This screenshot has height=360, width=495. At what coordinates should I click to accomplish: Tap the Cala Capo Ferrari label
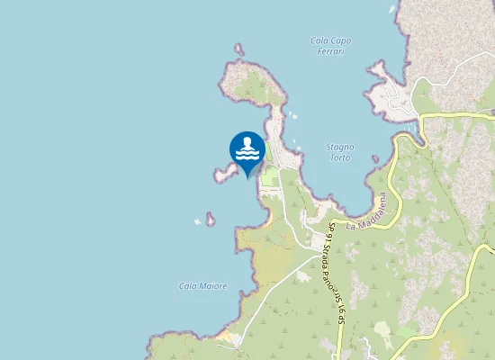pyautogui.click(x=330, y=46)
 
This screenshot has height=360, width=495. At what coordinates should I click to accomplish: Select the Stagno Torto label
pyautogui.click(x=339, y=152)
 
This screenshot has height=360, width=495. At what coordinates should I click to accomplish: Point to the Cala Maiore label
pyautogui.click(x=202, y=286)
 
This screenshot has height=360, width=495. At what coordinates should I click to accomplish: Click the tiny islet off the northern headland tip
pyautogui.click(x=238, y=49)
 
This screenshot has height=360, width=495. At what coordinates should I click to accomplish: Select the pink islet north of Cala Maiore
pyautogui.click(x=210, y=218)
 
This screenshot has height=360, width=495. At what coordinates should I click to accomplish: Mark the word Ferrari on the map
pyautogui.click(x=330, y=51)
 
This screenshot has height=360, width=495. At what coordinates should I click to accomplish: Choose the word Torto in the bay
pyautogui.click(x=339, y=157)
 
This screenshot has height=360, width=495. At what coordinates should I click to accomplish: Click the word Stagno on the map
pyautogui.click(x=339, y=147)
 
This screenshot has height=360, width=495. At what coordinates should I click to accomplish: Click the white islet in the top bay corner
pyautogui.click(x=393, y=9)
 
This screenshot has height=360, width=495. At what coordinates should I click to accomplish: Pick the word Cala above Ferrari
pyautogui.click(x=319, y=40)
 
